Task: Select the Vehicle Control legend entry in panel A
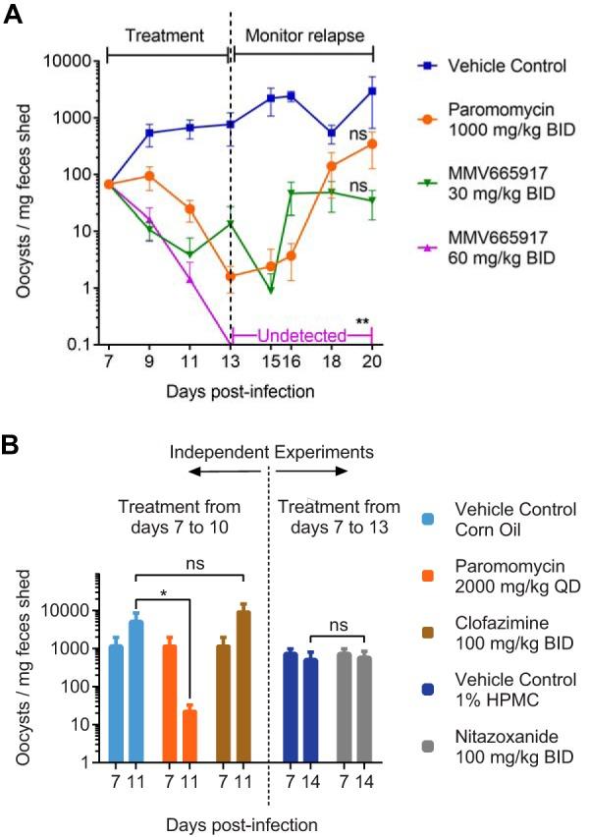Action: coord(500,67)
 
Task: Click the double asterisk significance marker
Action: coord(362,322)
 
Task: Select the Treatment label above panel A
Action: coord(166,35)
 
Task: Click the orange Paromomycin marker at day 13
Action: coord(230,276)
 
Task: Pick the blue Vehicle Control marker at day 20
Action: coord(372,91)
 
